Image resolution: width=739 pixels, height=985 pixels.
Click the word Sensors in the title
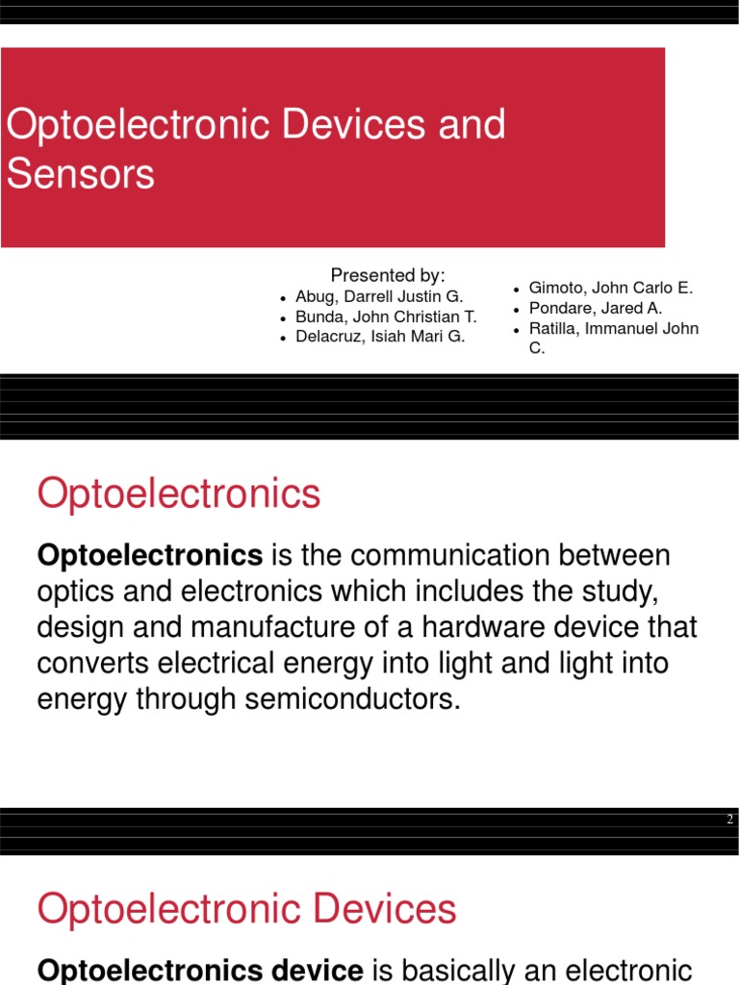point(80,174)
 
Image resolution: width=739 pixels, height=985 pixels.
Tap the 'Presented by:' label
point(388,275)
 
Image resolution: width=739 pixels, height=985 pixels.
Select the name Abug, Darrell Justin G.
point(379,297)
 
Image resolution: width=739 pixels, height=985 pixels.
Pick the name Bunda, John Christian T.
point(386,316)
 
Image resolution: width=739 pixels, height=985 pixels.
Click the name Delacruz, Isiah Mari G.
point(380,336)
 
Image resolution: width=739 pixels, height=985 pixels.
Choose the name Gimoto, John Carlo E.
point(611,288)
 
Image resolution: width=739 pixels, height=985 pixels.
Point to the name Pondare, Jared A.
point(596,309)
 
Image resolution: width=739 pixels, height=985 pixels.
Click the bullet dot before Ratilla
point(517,330)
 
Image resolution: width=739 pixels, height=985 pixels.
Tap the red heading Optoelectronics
point(179,494)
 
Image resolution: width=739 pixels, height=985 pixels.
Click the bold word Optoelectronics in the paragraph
point(150,555)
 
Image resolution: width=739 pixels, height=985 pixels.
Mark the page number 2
point(730,820)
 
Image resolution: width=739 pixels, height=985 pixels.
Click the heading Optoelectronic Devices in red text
point(246,909)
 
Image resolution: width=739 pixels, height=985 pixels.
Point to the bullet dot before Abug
point(284,299)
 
